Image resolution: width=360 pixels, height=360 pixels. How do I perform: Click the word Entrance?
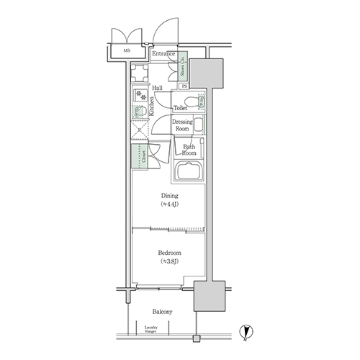click(x=164, y=54)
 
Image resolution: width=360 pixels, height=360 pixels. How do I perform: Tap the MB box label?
click(x=126, y=51)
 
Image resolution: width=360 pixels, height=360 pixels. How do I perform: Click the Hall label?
click(x=157, y=88)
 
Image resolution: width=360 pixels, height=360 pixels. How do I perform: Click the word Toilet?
click(x=181, y=107)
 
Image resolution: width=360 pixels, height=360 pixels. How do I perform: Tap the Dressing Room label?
click(x=182, y=126)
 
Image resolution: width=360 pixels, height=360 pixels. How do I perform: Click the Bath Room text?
click(x=189, y=150)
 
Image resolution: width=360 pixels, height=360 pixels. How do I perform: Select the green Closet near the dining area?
click(x=137, y=157)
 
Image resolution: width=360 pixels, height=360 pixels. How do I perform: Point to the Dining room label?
click(x=169, y=199)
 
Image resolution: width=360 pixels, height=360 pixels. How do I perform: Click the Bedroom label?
click(x=169, y=257)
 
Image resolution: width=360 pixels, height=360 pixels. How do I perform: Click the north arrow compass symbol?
click(x=246, y=330)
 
